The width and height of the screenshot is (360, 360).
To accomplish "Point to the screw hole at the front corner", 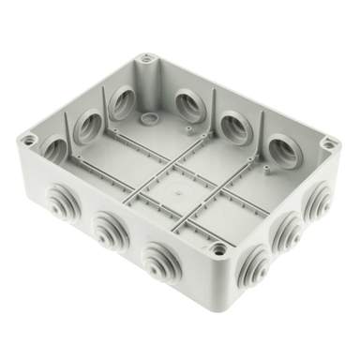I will tap(218, 250).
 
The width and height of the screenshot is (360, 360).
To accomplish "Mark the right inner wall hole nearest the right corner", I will tap(282, 150).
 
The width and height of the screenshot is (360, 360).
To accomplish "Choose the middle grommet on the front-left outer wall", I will tap(110, 225).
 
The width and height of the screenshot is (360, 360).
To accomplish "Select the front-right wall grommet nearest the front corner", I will tap(262, 260).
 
